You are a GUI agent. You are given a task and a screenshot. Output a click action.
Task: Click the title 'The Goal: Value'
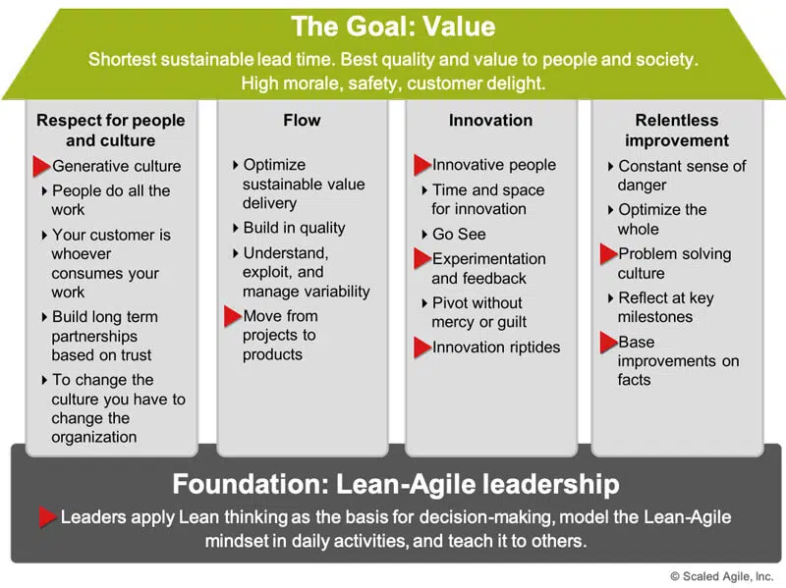(x=393, y=27)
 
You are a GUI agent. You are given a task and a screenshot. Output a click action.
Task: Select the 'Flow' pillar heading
(x=302, y=120)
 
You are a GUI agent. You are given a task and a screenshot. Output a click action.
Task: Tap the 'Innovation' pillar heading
(x=490, y=120)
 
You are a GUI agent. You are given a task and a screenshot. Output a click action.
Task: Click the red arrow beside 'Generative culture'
(x=41, y=166)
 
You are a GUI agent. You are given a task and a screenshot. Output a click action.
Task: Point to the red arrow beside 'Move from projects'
(x=233, y=316)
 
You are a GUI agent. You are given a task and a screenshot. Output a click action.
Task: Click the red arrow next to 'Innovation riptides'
(x=422, y=347)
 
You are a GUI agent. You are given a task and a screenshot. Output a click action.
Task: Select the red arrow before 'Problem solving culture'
(x=609, y=254)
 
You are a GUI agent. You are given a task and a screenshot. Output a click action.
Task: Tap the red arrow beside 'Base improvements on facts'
(x=609, y=343)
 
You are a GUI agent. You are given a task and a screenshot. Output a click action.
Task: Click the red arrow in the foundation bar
(x=48, y=517)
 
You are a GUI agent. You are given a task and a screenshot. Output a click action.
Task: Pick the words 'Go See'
(x=459, y=234)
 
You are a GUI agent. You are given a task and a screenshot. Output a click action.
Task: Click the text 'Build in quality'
(x=294, y=228)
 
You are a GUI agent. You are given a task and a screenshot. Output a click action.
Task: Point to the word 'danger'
(x=643, y=186)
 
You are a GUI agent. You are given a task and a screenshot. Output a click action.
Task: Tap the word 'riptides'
(x=530, y=347)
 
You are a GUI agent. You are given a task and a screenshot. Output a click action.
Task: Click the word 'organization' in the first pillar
(x=94, y=437)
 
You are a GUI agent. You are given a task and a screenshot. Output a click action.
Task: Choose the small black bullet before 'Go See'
(x=424, y=234)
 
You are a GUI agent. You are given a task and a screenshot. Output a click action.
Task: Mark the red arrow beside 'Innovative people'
(x=422, y=165)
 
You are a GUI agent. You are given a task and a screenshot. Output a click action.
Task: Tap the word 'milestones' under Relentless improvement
(x=655, y=317)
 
